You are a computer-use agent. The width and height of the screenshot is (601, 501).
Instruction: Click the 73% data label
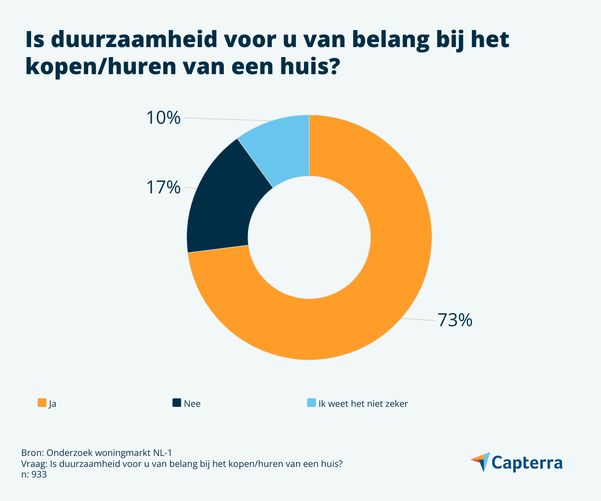(x=455, y=320)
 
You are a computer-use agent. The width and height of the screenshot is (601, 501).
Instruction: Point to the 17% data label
(x=163, y=187)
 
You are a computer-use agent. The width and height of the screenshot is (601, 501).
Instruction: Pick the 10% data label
(x=163, y=118)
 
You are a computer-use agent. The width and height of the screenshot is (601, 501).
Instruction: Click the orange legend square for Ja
(x=42, y=403)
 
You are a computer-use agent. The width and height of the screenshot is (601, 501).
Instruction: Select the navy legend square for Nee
(x=176, y=403)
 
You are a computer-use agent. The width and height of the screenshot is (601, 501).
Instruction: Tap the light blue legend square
(x=311, y=403)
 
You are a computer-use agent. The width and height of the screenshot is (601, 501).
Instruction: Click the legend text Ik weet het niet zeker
(x=363, y=403)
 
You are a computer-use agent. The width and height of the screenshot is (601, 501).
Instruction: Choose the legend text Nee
(x=192, y=403)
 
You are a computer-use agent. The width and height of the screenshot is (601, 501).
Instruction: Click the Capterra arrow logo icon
(x=480, y=462)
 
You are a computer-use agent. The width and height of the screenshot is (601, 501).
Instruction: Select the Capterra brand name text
(x=527, y=462)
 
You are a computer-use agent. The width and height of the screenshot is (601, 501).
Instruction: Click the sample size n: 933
(x=34, y=474)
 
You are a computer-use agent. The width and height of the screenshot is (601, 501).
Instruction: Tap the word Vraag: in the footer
(x=35, y=463)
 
